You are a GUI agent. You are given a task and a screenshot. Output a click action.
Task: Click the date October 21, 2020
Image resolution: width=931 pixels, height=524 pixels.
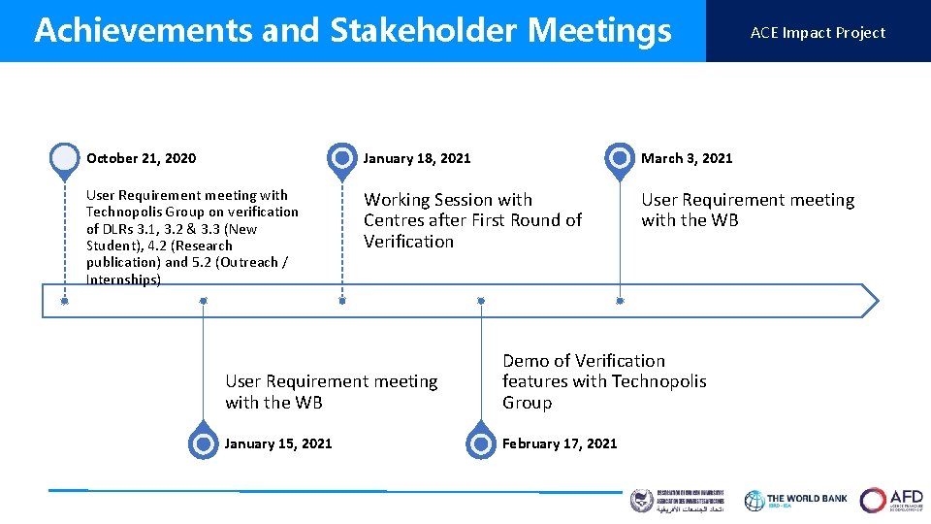tap(141, 158)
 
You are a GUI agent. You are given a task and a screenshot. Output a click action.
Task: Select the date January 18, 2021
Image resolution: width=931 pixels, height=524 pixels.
tap(417, 158)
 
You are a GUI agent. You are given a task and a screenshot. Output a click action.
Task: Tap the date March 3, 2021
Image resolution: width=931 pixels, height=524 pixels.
tap(687, 158)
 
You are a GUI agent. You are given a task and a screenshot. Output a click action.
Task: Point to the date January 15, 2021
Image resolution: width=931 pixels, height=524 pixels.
tap(278, 443)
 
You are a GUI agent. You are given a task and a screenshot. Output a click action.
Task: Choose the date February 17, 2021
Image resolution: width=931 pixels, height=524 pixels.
tap(560, 443)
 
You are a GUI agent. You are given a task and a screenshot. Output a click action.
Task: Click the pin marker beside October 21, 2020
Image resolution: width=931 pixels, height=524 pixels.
tap(64, 157)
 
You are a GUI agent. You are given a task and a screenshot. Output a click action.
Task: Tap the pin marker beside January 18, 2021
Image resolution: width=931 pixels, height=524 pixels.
tap(341, 157)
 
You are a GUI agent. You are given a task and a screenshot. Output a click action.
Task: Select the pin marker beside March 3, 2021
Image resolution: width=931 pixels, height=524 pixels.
tap(620, 157)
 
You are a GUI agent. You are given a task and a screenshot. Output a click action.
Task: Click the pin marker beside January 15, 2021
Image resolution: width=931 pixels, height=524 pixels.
tap(203, 443)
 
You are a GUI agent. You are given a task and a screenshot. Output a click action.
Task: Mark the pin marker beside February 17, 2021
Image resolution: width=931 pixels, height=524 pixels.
tap(480, 443)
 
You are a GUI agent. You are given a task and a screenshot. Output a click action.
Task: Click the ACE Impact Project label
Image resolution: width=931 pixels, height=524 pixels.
tap(818, 32)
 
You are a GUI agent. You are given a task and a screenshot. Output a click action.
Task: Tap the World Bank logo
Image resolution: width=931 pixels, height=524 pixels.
tap(795, 500)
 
